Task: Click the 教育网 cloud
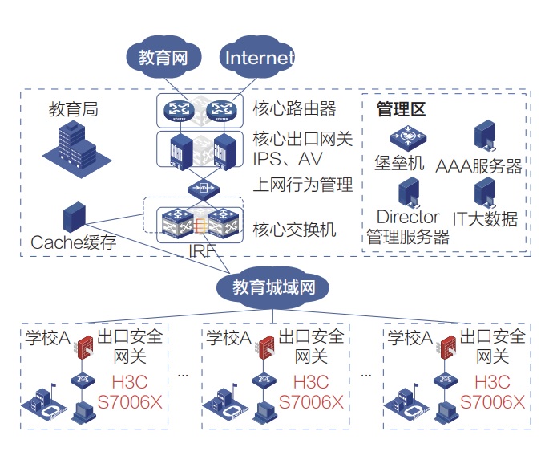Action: tap(163, 58)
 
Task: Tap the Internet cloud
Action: tap(258, 58)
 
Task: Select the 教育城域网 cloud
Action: tap(274, 287)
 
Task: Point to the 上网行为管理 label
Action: tap(302, 185)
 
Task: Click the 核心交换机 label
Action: tap(294, 229)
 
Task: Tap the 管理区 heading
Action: tap(401, 108)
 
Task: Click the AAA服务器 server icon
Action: tap(483, 136)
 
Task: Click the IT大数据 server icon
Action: tap(483, 193)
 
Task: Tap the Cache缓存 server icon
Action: tap(74, 218)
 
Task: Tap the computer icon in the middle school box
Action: tap(262, 411)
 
